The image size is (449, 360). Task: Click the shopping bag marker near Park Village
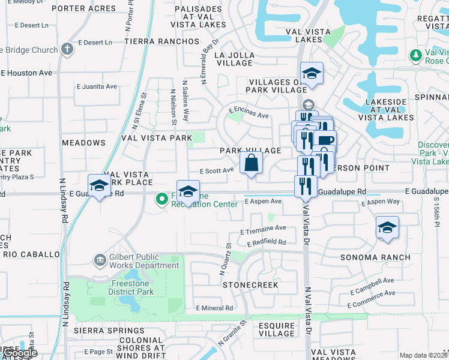(251, 163)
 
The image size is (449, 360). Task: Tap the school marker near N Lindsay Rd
(99, 186)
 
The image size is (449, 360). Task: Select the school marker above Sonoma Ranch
(387, 228)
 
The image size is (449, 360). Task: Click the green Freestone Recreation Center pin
(161, 198)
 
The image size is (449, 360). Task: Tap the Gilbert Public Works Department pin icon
(100, 260)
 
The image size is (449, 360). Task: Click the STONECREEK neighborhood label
(250, 285)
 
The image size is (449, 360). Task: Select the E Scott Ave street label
(216, 170)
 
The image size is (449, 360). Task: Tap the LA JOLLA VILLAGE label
(234, 59)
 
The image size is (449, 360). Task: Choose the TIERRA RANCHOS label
(161, 41)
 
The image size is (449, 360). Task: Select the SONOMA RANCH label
(375, 257)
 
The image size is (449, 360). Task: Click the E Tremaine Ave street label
(263, 229)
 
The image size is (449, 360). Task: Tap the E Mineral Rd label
(214, 308)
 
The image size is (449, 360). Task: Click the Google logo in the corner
(19, 353)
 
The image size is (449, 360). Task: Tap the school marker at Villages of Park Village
(312, 74)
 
